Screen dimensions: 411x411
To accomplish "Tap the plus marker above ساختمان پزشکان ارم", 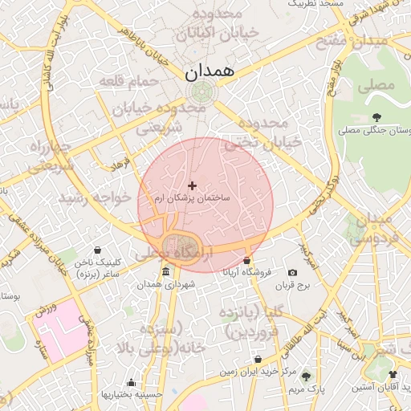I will pos(192,185).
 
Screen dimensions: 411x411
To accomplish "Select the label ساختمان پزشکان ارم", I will pos(192,197).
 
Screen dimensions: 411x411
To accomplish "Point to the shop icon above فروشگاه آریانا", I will pos(246,261).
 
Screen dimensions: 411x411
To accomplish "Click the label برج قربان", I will pos(292,285).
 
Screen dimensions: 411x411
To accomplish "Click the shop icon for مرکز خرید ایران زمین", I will pos(258,360).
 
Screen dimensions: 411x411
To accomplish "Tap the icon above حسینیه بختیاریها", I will pos(131,382).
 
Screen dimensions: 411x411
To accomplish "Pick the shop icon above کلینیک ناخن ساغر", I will pos(97,250).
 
